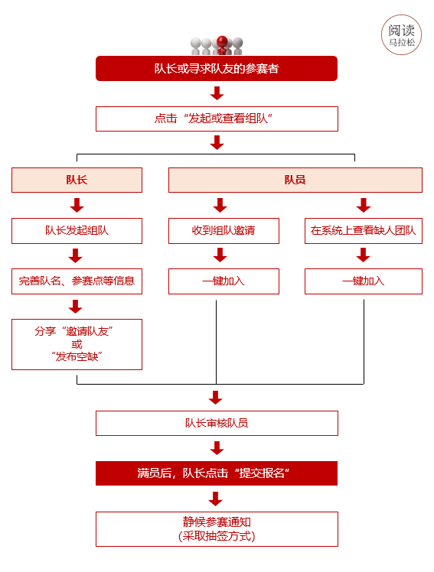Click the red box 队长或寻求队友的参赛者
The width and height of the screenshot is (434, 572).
point(217,68)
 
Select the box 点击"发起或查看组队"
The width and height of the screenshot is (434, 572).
point(217,119)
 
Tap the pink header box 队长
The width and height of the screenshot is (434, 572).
point(77,180)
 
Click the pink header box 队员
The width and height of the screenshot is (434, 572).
point(295,180)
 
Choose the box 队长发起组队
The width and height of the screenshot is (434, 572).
point(77,230)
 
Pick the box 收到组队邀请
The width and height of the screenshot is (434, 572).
point(224,230)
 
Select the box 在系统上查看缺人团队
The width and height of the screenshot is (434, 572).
point(364,230)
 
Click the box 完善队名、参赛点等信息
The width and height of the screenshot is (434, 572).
point(77,281)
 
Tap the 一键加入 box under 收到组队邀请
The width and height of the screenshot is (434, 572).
point(224,281)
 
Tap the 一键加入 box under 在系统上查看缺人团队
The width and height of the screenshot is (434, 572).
point(364,281)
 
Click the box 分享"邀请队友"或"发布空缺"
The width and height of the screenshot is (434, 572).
point(77,344)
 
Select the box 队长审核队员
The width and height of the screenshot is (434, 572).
point(217,423)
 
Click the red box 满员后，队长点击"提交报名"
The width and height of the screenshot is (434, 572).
point(217,473)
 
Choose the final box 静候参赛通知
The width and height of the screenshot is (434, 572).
point(217,528)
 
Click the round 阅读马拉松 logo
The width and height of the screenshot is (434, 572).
point(402,34)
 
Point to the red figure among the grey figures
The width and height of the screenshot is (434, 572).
point(222,44)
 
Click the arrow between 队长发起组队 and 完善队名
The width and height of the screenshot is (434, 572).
point(76,255)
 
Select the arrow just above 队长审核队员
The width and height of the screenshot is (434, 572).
point(216,398)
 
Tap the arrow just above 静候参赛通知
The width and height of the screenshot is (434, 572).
point(216,499)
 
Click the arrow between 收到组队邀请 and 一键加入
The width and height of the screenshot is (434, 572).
point(220,255)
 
